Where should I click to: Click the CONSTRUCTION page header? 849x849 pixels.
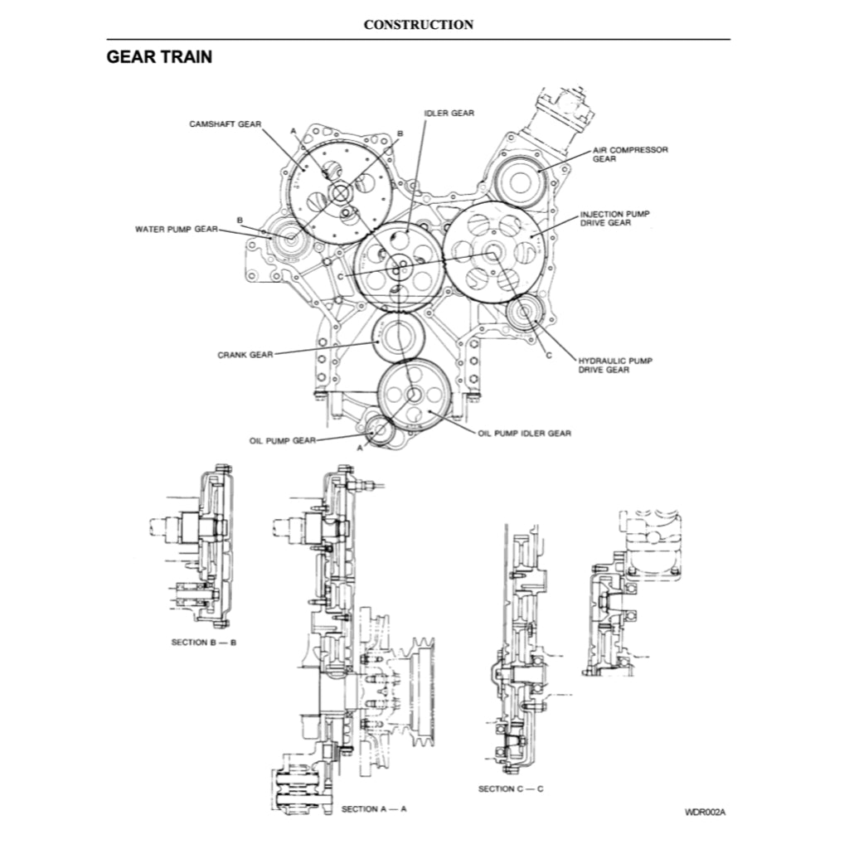[419, 25]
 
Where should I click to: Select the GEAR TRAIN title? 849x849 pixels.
[159, 57]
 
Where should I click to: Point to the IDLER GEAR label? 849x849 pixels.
[449, 113]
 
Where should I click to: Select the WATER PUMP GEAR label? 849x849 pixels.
[176, 229]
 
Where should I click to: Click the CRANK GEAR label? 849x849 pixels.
[245, 354]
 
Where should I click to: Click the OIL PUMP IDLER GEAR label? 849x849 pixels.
[524, 433]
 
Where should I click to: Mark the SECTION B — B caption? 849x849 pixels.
[204, 643]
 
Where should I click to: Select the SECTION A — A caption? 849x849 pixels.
[374, 808]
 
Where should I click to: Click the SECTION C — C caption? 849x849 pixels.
[511, 788]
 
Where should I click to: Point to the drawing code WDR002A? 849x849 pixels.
[705, 812]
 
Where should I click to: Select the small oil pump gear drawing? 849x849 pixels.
[379, 429]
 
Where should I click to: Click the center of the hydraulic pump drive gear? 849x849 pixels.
[525, 314]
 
